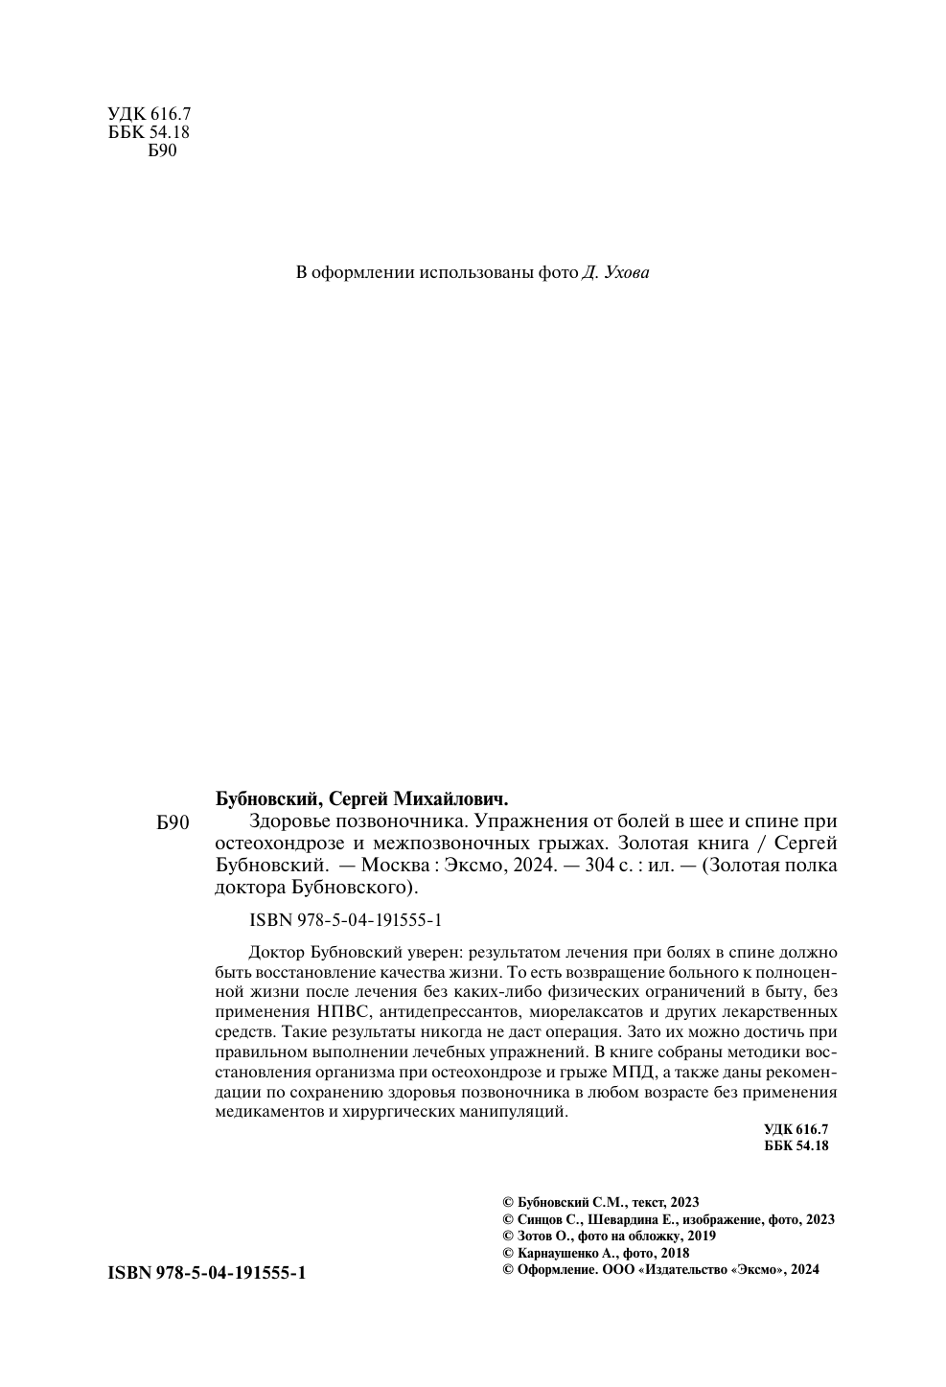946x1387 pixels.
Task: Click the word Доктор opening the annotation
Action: click(276, 952)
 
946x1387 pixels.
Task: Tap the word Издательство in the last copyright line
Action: click(681, 1268)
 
